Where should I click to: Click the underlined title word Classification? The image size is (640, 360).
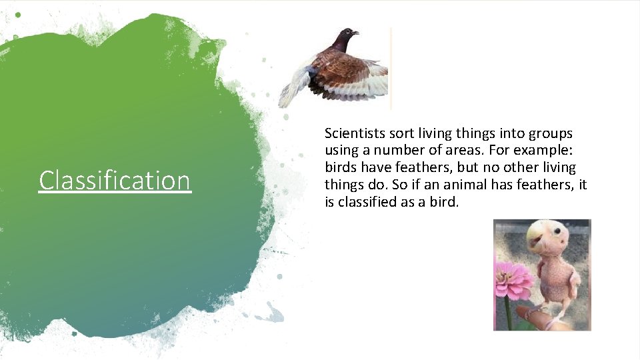[x=115, y=181]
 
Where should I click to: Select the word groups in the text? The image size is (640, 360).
[x=551, y=133]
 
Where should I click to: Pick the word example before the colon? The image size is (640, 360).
[x=537, y=151]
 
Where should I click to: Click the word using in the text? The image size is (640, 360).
[x=341, y=151]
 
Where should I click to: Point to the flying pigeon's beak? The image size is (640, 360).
[x=356, y=33]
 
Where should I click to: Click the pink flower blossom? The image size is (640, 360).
[x=513, y=281]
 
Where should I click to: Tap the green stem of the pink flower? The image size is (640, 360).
[x=509, y=313]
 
